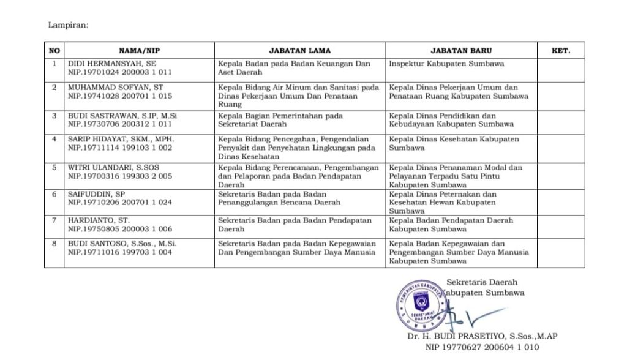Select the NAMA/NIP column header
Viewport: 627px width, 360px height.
139,51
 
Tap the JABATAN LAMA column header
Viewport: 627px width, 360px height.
299,51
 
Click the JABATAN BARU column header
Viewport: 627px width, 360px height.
460,51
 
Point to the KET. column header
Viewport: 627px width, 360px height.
560,51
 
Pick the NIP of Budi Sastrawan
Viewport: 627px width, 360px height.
119,124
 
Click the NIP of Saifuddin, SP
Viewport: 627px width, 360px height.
119,202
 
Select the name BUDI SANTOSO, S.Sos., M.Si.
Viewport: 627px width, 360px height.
122,243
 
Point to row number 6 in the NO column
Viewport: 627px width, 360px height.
54,194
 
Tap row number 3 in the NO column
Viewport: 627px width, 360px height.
54,116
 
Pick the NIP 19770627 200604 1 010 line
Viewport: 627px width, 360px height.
482,347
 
